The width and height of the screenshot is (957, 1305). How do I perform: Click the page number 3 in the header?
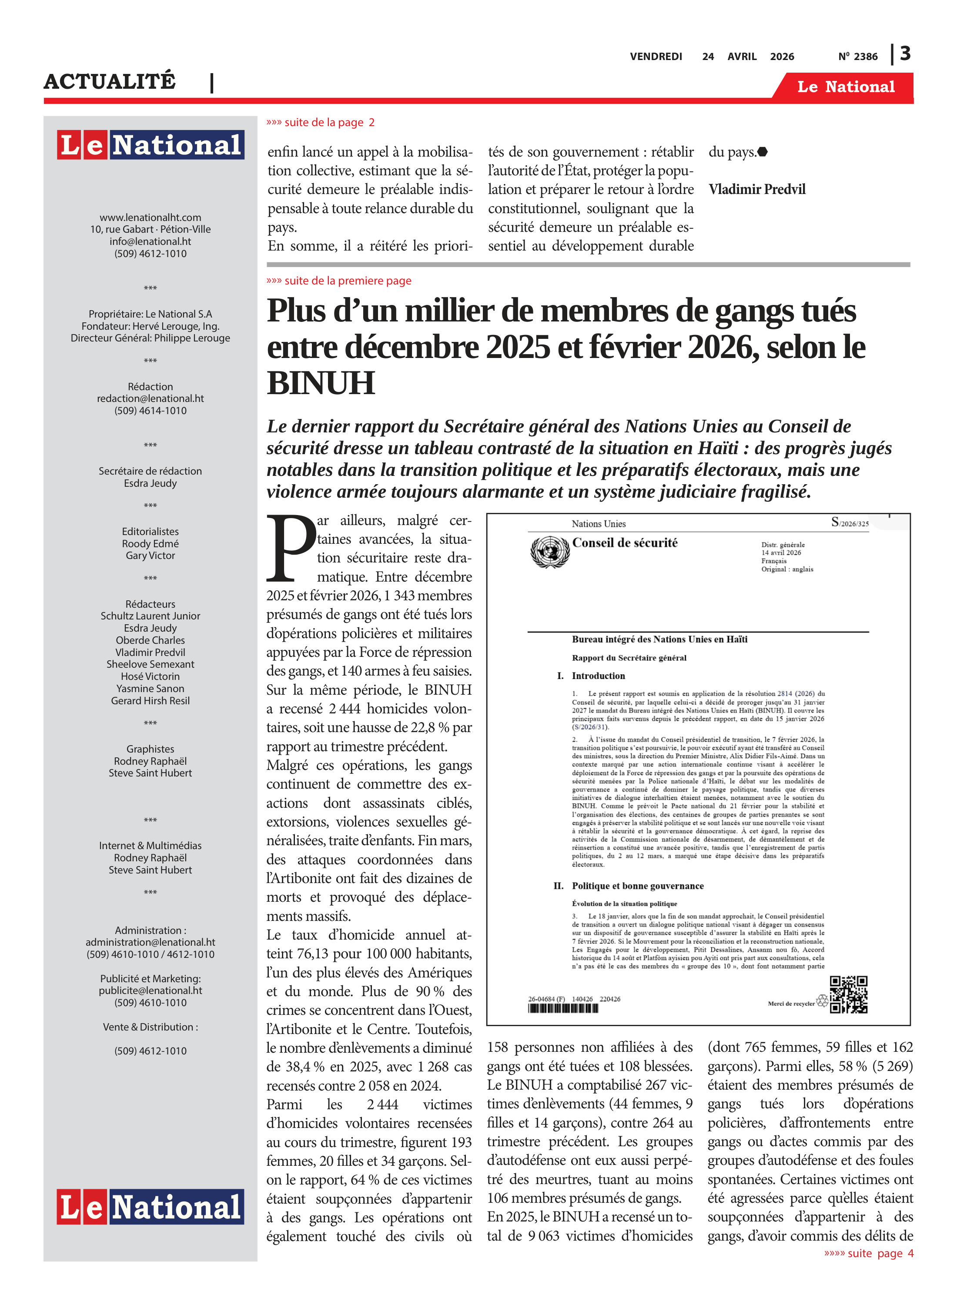905,54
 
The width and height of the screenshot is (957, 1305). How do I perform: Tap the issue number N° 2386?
857,57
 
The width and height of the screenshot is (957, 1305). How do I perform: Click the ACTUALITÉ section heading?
110,82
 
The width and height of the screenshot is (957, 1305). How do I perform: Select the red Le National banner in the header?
845,87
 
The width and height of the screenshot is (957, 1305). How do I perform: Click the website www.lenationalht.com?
150,217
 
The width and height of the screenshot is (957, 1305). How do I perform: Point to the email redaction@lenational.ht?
150,398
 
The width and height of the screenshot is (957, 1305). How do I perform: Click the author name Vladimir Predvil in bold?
756,189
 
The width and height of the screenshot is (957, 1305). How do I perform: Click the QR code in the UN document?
848,994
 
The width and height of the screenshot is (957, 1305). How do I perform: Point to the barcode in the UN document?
562,1008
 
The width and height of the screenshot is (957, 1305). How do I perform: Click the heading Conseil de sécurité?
625,543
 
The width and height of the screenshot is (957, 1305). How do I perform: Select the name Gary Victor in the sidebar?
150,555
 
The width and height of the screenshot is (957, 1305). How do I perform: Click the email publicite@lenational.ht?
150,990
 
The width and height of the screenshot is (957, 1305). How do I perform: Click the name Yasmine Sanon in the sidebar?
150,688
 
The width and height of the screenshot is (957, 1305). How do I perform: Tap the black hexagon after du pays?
763,152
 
